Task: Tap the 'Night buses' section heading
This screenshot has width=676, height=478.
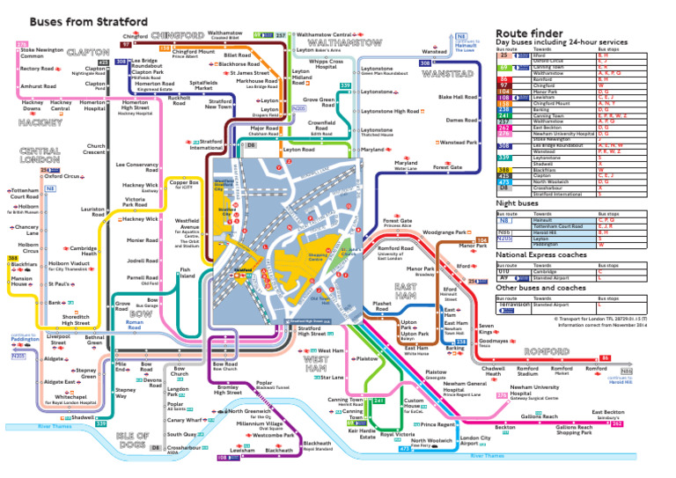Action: (518, 202)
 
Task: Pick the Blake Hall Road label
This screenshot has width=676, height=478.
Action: (457, 97)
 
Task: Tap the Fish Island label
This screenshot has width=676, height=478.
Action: (187, 273)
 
